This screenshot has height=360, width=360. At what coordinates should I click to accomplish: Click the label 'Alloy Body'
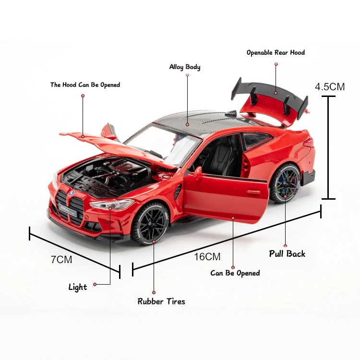185,67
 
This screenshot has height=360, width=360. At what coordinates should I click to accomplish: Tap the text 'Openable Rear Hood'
276,52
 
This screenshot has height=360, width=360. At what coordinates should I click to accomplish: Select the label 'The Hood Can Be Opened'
85,85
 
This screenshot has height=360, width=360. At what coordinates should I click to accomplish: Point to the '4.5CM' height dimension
329,87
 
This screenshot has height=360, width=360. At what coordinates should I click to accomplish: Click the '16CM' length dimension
207,257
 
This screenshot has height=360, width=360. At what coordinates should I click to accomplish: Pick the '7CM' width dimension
61,260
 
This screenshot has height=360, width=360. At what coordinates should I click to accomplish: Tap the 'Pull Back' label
287,253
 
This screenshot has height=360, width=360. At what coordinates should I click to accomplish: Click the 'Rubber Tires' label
161,301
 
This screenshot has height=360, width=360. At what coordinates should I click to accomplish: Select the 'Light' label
78,287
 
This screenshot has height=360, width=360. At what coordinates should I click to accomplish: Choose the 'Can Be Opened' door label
235,273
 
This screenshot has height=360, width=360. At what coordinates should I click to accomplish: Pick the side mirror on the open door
197,172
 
